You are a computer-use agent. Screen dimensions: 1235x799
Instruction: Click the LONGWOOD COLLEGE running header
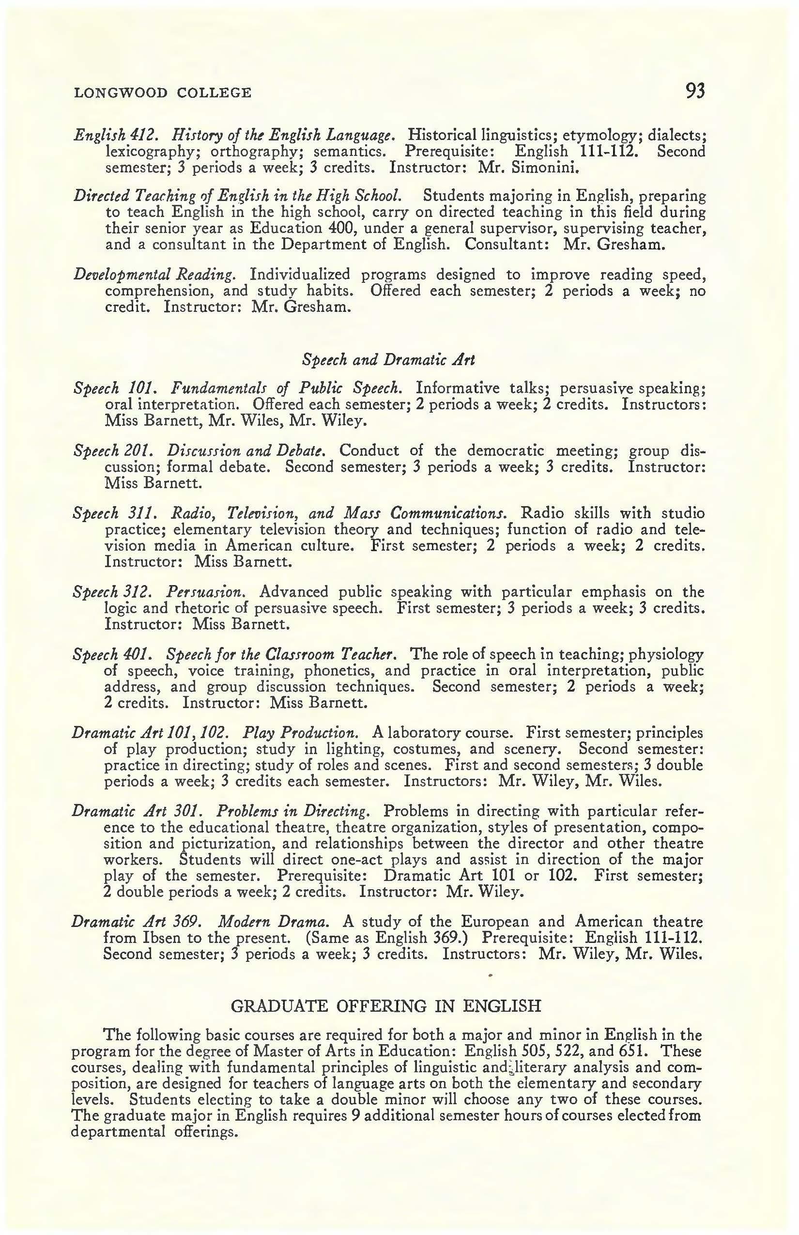(x=163, y=93)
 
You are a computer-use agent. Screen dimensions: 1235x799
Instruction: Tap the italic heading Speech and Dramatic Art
(x=388, y=359)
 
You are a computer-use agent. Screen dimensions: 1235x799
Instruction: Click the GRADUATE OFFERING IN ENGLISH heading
(x=385, y=1005)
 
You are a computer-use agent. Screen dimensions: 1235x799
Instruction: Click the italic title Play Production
(x=300, y=733)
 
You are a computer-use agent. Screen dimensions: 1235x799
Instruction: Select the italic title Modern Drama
(x=274, y=922)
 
